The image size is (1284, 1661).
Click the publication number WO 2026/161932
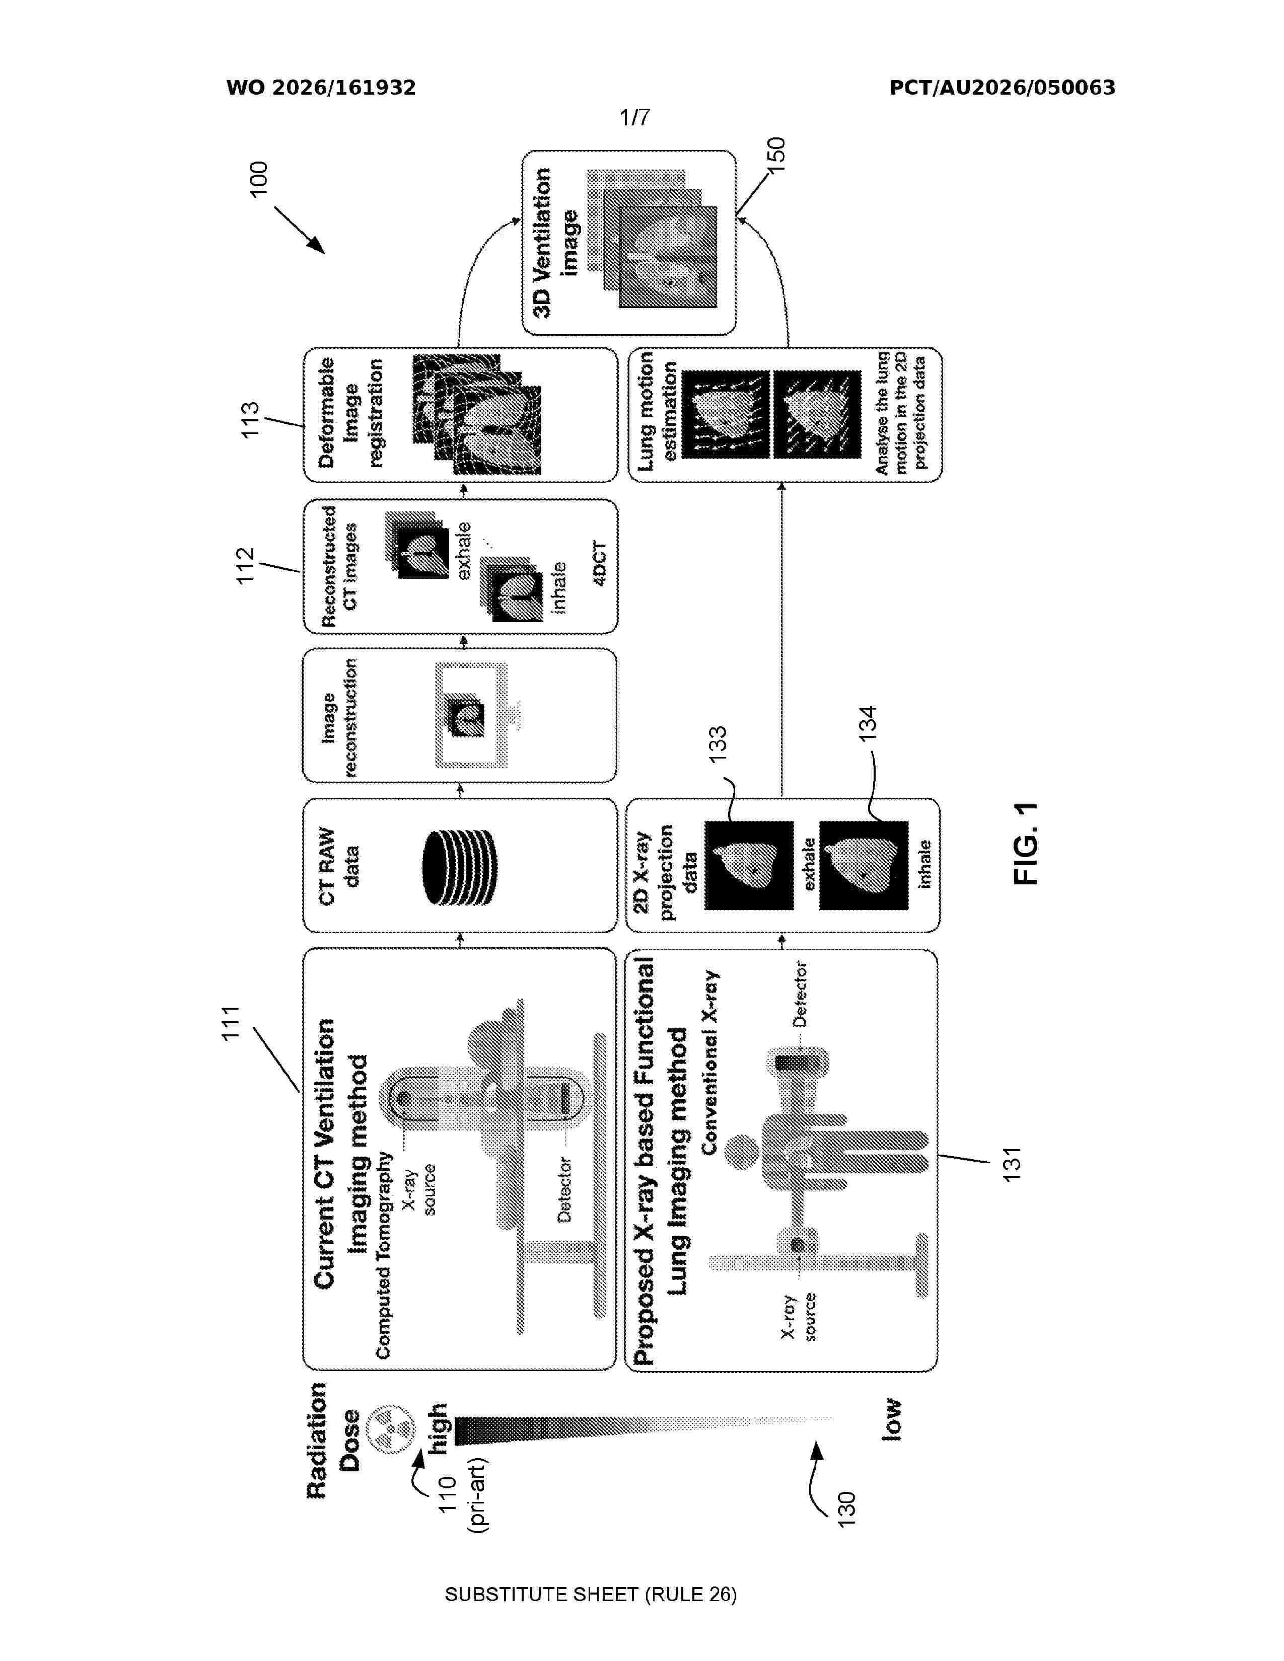click(x=321, y=88)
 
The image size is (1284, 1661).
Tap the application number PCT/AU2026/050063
click(x=1002, y=88)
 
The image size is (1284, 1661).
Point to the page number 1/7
click(x=634, y=117)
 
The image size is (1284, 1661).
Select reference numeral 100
click(x=259, y=179)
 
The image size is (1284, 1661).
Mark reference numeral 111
click(x=231, y=1022)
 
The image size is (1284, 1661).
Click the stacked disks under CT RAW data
click(x=459, y=866)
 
